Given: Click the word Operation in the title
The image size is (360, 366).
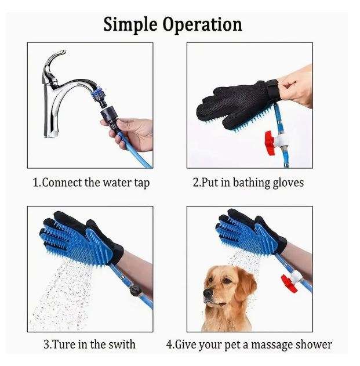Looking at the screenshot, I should (x=203, y=25).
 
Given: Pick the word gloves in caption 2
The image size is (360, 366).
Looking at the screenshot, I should (x=286, y=183).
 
